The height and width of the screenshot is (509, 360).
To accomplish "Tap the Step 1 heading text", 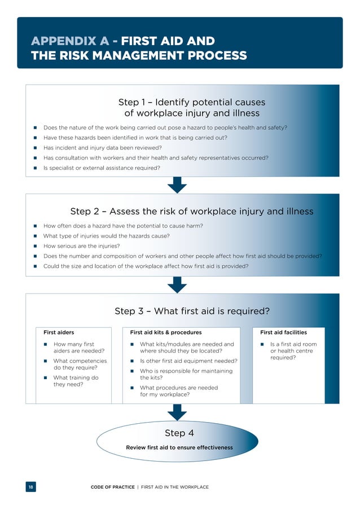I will click(x=191, y=108).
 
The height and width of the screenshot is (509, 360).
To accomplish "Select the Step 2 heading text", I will click(x=191, y=212).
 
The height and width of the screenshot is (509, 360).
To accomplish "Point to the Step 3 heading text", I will click(x=192, y=311).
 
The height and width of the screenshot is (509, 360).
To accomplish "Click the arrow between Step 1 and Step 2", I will click(x=177, y=185).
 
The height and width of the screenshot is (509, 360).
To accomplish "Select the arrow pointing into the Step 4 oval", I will click(x=177, y=412).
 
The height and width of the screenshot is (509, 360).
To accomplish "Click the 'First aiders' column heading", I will click(x=59, y=332).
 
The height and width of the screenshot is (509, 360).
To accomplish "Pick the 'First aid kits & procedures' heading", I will click(x=165, y=332).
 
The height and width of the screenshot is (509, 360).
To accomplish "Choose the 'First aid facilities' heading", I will click(x=283, y=332).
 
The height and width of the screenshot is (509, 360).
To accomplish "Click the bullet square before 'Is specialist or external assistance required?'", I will click(x=35, y=168).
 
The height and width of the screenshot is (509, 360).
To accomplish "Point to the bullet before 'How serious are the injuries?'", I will click(x=35, y=246).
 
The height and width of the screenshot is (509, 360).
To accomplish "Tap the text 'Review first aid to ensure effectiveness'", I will click(x=179, y=447).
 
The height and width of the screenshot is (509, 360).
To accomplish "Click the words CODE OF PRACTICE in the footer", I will click(x=112, y=487).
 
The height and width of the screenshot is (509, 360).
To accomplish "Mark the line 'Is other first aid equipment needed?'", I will click(x=188, y=361).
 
